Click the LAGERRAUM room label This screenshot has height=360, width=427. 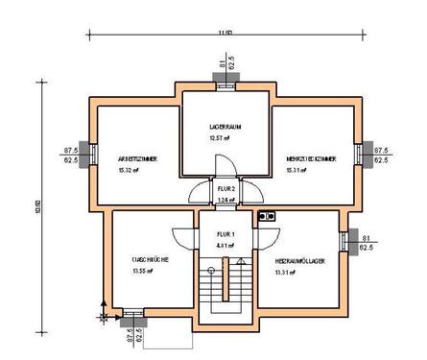pos(226,127)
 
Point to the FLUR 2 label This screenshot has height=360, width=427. pos(226,189)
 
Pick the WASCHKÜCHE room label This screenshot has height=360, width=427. pos(152,259)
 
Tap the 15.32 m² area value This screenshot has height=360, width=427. pos(130,170)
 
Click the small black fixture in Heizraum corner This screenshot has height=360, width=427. pos(269,217)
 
